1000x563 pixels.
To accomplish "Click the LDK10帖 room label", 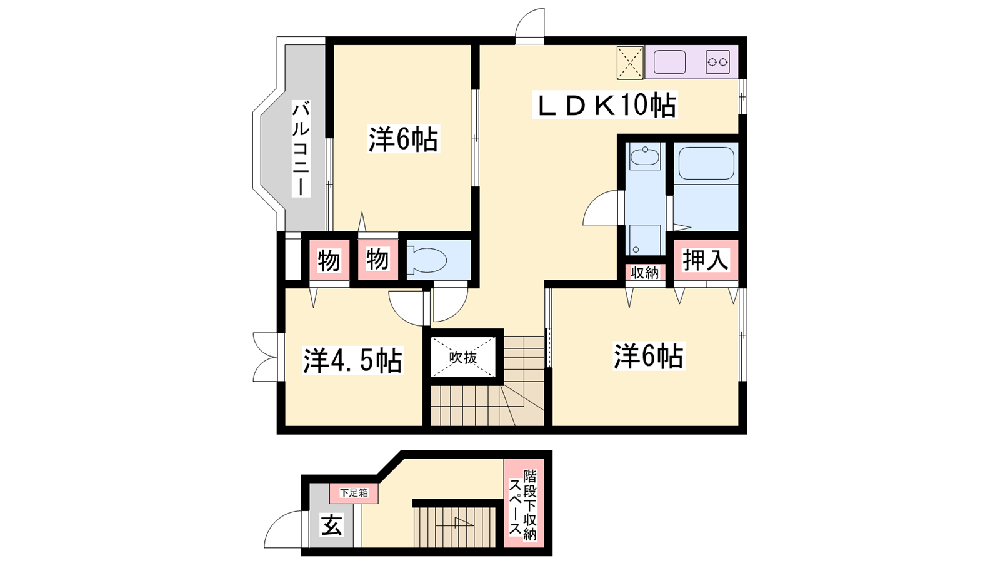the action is (605, 105).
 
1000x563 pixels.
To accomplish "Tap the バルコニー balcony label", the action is (301, 149).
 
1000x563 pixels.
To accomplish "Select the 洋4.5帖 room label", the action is (352, 360).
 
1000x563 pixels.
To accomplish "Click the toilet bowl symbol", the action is (427, 260).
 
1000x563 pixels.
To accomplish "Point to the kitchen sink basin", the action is (669, 62).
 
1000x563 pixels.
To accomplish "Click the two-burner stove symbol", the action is (717, 62).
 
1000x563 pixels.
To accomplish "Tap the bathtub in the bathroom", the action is (706, 163).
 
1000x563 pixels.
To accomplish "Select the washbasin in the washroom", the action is (644, 157).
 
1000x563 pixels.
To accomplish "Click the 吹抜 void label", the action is (463, 357).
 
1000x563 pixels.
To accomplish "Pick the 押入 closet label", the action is (706, 260).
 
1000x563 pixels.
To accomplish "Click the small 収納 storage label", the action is (644, 273).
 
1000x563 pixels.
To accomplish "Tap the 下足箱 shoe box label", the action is (354, 493).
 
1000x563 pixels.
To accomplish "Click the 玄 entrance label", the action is (332, 525).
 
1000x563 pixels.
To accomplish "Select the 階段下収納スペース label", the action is (523, 504).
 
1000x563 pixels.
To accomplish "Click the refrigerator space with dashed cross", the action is (630, 63).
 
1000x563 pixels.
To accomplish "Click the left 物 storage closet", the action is (329, 260).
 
